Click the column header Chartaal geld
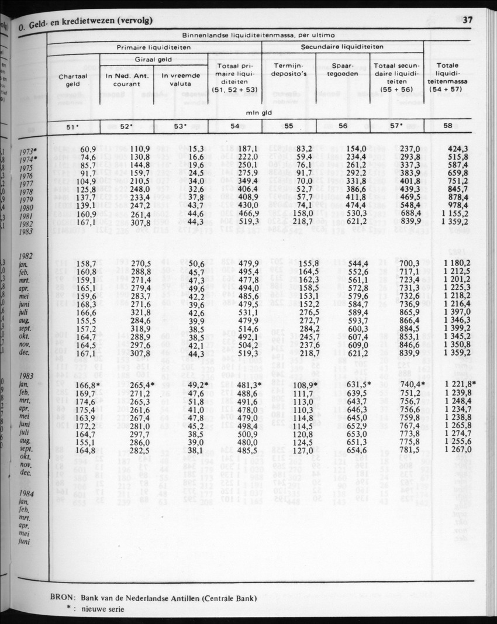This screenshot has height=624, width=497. [73, 80]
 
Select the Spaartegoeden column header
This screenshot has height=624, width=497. [343, 70]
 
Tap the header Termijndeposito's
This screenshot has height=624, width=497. [289, 70]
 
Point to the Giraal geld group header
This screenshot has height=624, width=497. [153, 60]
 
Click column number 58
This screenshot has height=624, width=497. [447, 126]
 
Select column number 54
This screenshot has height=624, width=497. [235, 126]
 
